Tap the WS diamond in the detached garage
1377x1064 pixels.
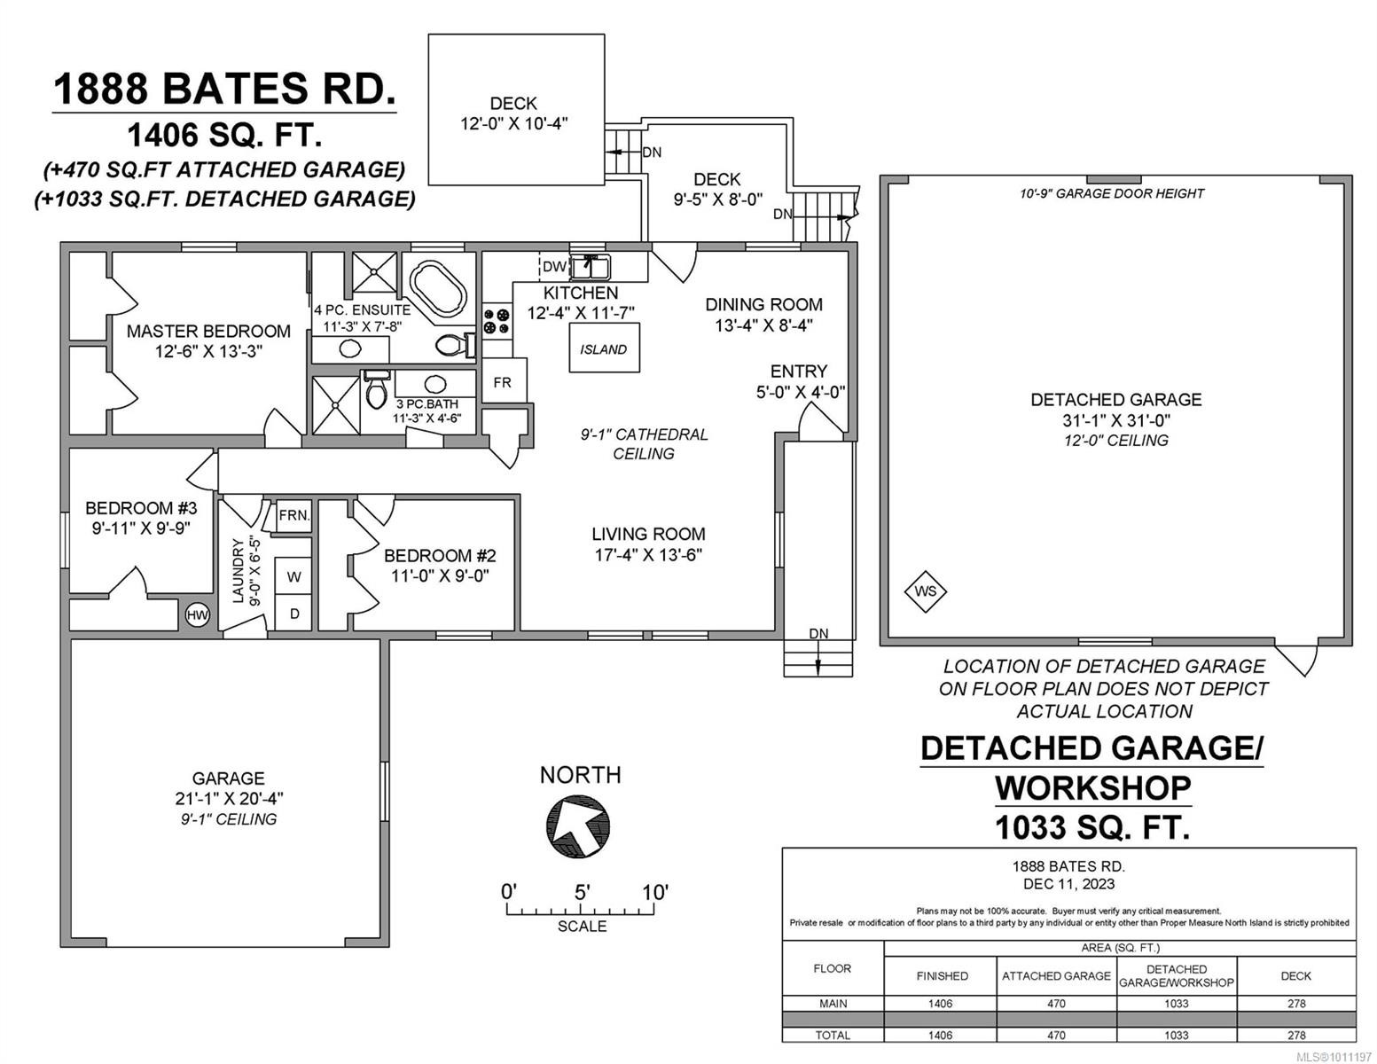point(925,591)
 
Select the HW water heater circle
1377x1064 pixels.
point(197,614)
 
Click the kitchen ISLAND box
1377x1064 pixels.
point(603,349)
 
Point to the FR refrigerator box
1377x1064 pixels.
point(503,382)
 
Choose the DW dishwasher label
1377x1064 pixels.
point(553,266)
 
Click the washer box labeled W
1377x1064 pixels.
point(293,576)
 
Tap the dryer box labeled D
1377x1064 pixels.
point(293,614)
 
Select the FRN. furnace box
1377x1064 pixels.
point(293,515)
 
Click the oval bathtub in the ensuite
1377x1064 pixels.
point(434,287)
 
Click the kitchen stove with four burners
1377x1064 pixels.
point(497,320)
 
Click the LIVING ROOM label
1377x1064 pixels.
point(648,534)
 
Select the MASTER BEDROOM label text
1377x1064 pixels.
point(208,331)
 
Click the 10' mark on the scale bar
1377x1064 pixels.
point(654,892)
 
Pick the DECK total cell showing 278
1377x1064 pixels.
point(1295,1035)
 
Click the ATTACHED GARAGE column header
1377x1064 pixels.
point(1056,975)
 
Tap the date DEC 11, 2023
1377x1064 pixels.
point(1068,884)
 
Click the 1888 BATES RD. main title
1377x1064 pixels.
point(224,90)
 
